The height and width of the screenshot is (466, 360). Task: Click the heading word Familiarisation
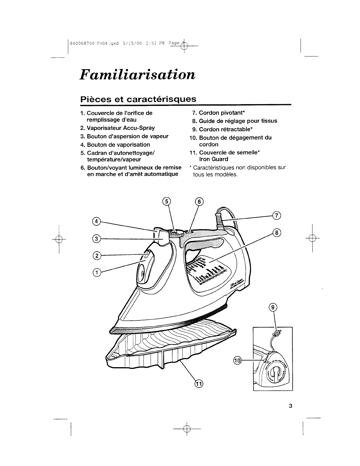click(x=137, y=74)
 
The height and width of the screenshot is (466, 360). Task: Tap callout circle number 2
click(x=96, y=255)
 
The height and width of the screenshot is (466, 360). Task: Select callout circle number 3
click(x=96, y=238)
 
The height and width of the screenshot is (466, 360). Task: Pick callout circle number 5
click(x=166, y=202)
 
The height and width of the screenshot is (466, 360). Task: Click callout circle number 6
click(x=199, y=202)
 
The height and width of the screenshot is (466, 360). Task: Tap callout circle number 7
click(x=276, y=216)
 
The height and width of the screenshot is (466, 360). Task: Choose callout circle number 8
click(x=276, y=233)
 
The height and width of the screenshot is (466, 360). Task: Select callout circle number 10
click(x=237, y=360)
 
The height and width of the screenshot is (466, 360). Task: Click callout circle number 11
click(x=199, y=384)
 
